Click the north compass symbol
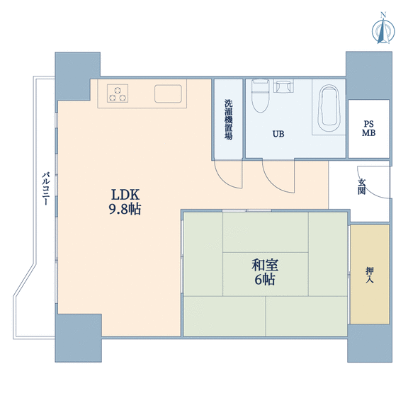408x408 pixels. tap(383, 30)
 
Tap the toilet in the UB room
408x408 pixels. tap(261, 96)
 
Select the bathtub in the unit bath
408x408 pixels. tap(329, 108)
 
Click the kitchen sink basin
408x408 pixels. tap(168, 93)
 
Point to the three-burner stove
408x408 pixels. tap(118, 93)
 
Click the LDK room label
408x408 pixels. tap(125, 195)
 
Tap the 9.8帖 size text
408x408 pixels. tap(125, 209)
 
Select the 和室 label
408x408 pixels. tap(265, 265)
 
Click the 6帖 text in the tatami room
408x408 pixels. tap(265, 280)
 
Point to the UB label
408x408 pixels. tap(278, 134)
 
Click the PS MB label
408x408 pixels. tap(369, 128)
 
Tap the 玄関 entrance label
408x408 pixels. tap(361, 186)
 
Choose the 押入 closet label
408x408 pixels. tap(370, 275)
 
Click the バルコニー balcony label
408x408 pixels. tap(46, 188)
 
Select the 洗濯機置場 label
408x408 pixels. tap(229, 120)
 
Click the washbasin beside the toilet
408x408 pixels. tap(283, 86)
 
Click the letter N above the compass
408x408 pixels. tap(383, 15)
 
